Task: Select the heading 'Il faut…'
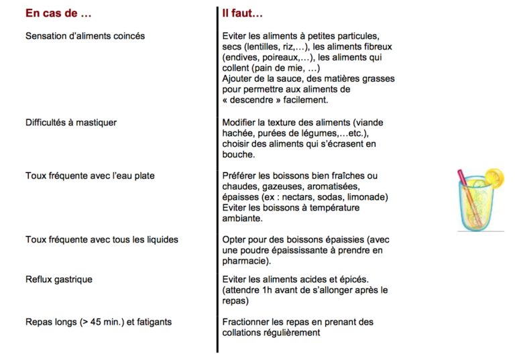[243, 13]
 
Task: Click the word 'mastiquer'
[96, 122]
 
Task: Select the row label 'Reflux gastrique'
[59, 279]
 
